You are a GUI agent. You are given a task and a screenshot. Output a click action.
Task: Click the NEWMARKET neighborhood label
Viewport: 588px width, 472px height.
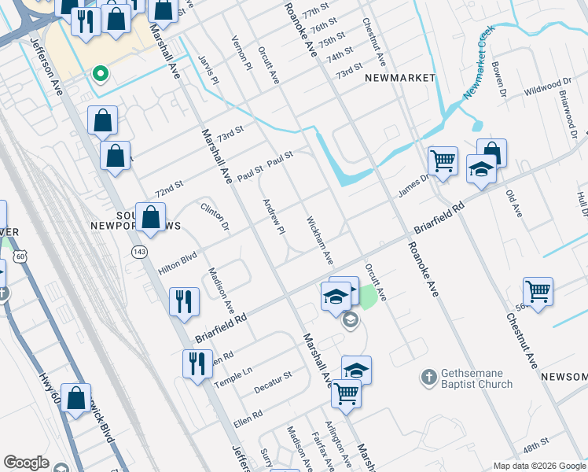(x=400, y=78)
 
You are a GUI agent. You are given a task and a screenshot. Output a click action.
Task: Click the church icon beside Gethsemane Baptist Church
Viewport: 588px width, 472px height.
(x=428, y=377)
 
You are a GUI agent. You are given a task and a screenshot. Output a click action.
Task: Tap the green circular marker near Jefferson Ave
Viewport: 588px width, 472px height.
(x=100, y=74)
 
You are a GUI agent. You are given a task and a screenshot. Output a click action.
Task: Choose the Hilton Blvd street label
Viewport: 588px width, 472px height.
(x=177, y=257)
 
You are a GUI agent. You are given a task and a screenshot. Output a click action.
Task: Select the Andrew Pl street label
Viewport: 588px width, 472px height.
(x=273, y=216)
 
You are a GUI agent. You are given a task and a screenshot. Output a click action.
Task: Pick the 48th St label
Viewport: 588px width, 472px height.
(x=536, y=446)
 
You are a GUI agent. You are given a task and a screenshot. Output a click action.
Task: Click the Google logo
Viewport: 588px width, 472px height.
(x=26, y=463)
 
